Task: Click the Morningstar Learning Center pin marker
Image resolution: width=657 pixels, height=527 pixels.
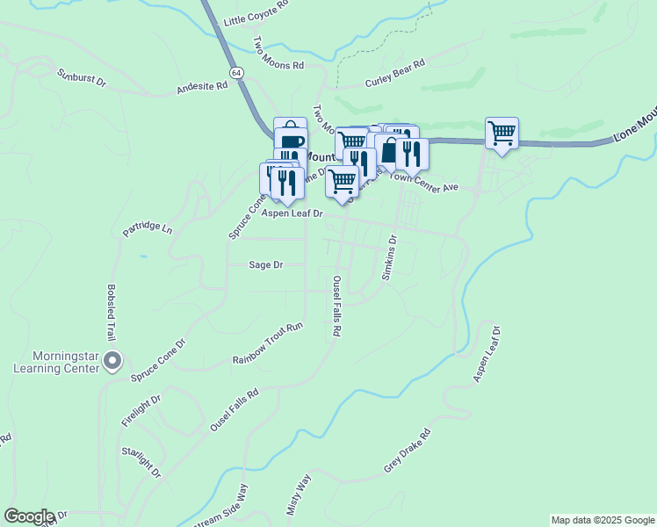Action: coord(112,361)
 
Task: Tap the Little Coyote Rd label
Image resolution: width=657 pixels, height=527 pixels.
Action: coord(256,13)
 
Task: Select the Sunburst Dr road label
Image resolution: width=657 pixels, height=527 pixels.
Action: coord(82,79)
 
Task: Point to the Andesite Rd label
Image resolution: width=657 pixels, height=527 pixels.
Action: coord(202,86)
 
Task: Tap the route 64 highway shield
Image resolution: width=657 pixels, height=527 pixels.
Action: coord(237,71)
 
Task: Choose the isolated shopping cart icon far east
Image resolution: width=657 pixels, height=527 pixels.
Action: coord(502,134)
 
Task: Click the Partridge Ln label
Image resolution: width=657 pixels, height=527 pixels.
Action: coord(148,227)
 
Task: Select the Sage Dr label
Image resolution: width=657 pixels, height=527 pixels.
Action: coord(265,263)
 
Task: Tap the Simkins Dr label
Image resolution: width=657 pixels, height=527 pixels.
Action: coord(390,257)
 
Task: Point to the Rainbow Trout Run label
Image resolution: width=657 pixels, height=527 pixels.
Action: coord(267,343)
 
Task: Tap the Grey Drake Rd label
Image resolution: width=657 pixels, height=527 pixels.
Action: coord(409,451)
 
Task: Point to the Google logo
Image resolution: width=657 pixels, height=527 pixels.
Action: coord(29,517)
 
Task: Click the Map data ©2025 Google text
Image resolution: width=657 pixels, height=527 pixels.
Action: coord(603,520)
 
